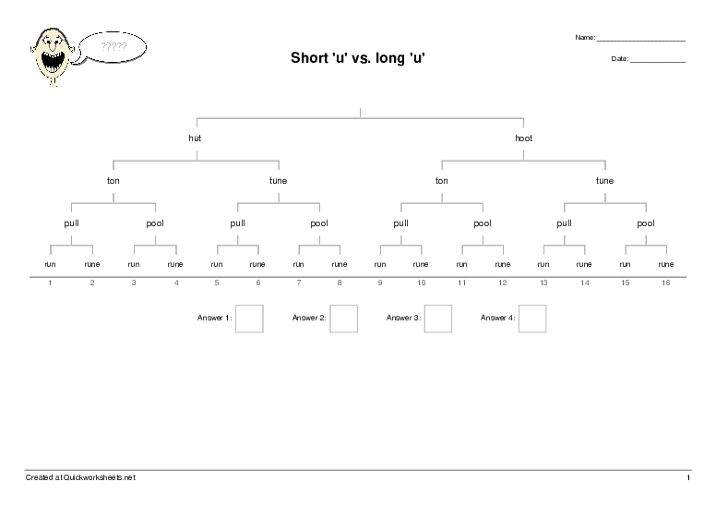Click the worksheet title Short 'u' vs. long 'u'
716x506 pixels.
tap(358, 58)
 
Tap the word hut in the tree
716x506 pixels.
tap(195, 139)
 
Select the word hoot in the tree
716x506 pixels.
tap(523, 139)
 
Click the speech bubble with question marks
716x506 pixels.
tap(113, 45)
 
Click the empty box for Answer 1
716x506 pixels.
tap(249, 318)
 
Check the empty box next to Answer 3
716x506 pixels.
tap(437, 318)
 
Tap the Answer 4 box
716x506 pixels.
tap(531, 318)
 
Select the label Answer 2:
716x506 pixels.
tap(309, 318)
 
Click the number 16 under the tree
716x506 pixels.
tap(665, 283)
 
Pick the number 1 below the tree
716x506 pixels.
tap(50, 283)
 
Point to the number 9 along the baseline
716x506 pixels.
tap(379, 283)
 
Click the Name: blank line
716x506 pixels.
tap(640, 40)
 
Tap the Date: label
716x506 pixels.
tap(619, 59)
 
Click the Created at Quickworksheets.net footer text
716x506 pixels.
tap(80, 477)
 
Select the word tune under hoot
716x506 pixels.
tap(604, 181)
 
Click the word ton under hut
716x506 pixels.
tap(113, 181)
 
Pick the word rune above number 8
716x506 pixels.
tap(340, 264)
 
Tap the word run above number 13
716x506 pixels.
tap(543, 264)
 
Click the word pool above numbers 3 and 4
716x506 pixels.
tap(155, 223)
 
